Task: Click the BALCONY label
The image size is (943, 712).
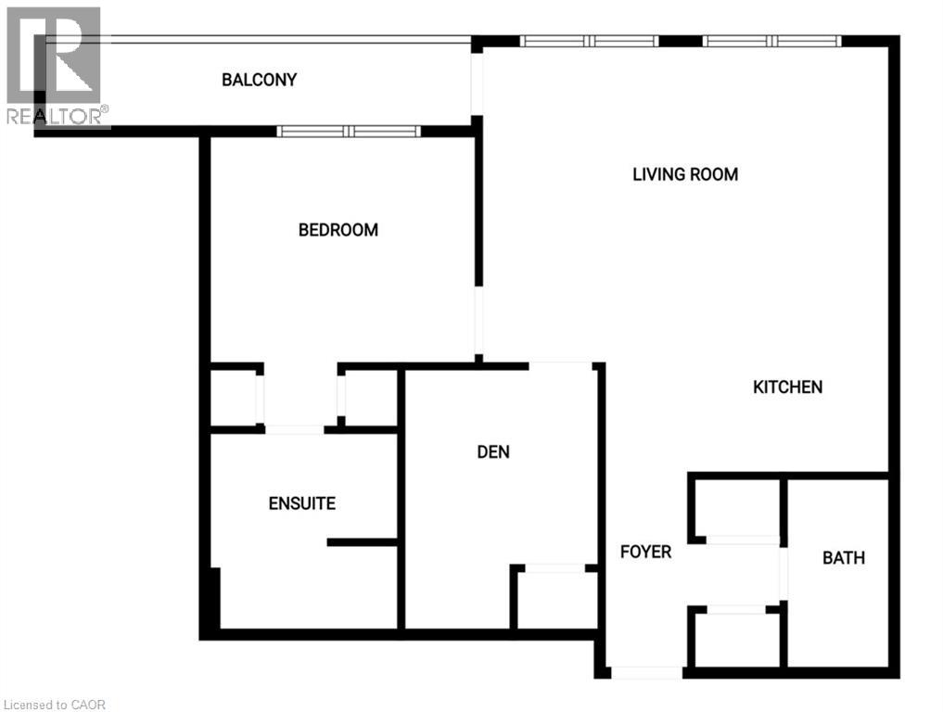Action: tap(260, 80)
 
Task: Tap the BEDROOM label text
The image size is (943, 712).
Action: tap(338, 230)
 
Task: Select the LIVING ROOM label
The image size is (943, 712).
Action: tap(685, 174)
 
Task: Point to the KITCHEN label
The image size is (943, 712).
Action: tap(787, 388)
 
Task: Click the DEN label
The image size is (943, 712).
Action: tap(493, 452)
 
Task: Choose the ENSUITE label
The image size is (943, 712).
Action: tap(302, 504)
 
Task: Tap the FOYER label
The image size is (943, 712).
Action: tap(645, 553)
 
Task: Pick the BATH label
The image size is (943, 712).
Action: tap(844, 558)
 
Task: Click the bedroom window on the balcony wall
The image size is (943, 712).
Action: tap(350, 132)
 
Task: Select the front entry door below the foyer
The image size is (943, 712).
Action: tap(647, 672)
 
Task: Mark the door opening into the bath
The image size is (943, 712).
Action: tap(784, 575)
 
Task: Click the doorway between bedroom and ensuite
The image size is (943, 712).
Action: tap(295, 429)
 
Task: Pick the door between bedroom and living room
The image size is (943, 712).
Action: tap(478, 321)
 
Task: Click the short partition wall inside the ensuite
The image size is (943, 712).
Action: tap(362, 542)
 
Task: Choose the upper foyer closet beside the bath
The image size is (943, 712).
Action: tap(737, 508)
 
